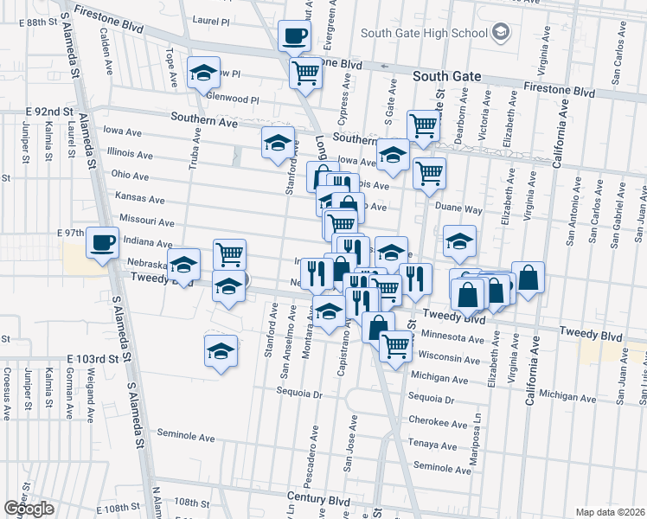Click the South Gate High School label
pos(424,34)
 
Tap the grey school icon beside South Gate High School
pos(500,34)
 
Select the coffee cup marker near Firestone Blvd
pos(294,36)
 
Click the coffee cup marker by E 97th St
pos(102,242)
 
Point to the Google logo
pos(29,509)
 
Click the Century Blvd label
pos(319,500)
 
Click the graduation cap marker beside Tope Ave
pos(203,73)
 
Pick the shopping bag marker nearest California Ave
pos(528,279)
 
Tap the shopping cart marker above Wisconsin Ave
pos(395,346)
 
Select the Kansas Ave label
pos(139,198)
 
